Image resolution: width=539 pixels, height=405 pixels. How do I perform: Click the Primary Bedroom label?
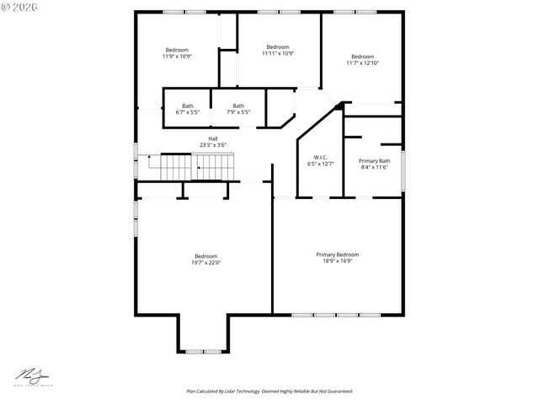[x=337, y=255]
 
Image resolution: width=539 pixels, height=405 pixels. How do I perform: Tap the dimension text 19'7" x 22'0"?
[x=205, y=262]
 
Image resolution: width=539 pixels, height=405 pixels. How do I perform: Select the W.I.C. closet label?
[x=320, y=157]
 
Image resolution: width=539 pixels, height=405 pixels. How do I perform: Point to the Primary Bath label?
[x=374, y=160]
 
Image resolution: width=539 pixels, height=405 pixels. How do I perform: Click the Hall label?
[x=213, y=139]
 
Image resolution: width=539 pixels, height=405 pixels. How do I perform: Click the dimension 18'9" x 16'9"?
[x=337, y=262]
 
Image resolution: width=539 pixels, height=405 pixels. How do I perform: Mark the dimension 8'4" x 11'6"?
[x=374, y=167]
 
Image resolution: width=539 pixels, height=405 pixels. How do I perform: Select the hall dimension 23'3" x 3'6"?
[x=213, y=145]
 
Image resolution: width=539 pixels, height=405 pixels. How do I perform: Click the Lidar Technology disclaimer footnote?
[x=269, y=391]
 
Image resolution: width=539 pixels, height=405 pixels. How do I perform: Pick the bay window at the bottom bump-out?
[x=203, y=351]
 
